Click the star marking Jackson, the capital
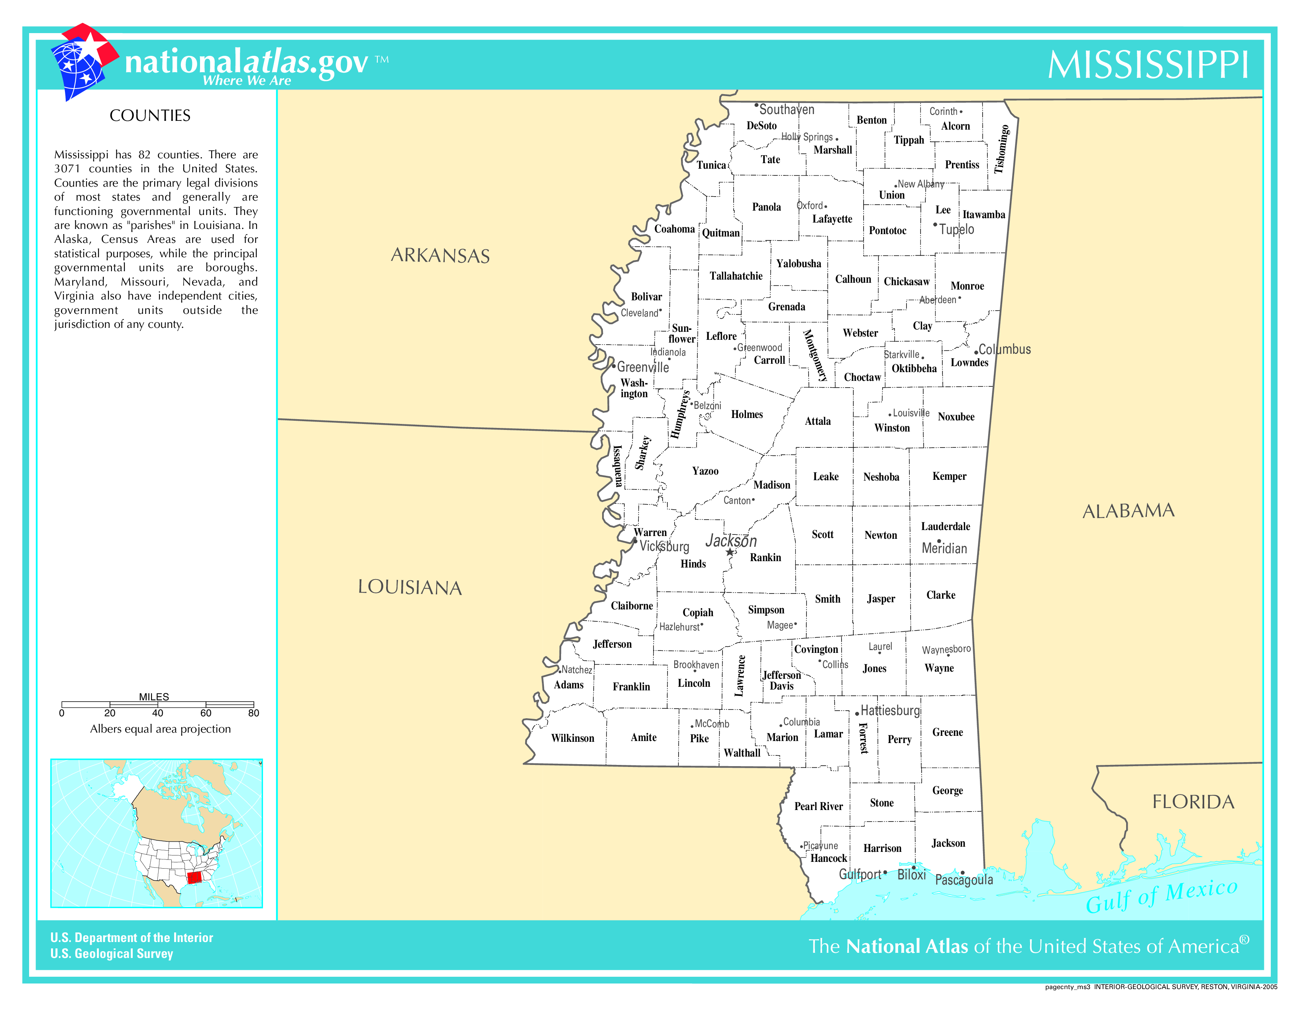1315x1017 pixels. [x=730, y=552]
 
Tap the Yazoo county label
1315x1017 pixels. [x=705, y=471]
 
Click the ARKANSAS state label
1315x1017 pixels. [x=440, y=256]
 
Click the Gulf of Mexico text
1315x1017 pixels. [x=1162, y=895]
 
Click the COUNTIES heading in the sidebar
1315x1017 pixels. [x=150, y=116]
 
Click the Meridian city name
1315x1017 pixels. [x=944, y=548]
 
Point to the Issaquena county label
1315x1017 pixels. [x=617, y=466]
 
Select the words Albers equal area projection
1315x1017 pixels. [x=160, y=729]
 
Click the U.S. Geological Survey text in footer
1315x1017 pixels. [x=112, y=954]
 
